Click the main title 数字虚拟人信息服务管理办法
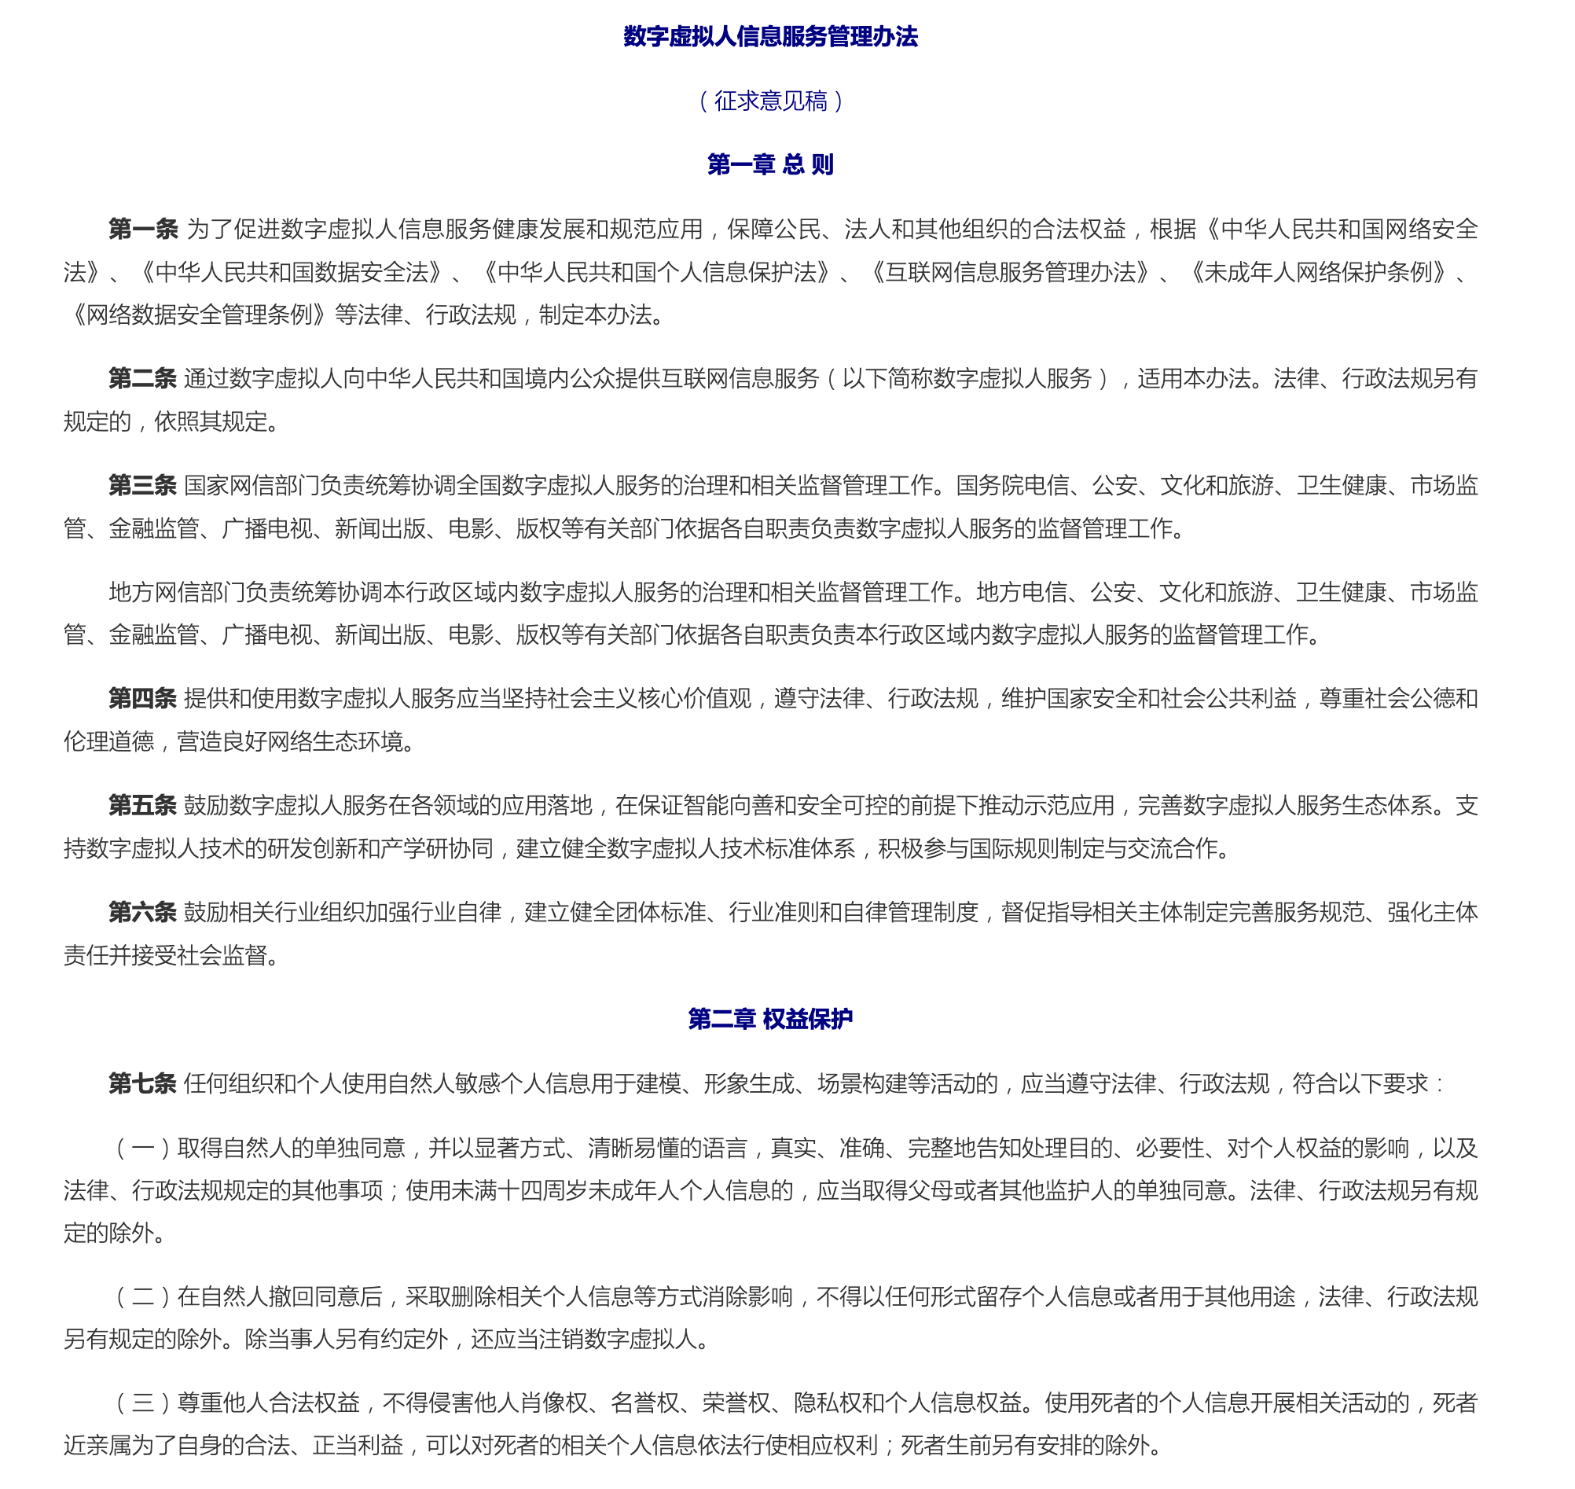tap(770, 36)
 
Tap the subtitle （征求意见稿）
tap(770, 101)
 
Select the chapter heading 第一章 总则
tap(770, 165)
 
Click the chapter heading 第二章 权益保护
tap(770, 1019)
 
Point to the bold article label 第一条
tap(144, 230)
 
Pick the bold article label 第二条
tap(143, 379)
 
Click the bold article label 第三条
tap(143, 485)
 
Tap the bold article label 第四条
tap(143, 698)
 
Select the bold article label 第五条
tap(143, 806)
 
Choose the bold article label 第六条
tap(143, 912)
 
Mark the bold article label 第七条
tap(143, 1083)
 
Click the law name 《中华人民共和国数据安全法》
tap(292, 272)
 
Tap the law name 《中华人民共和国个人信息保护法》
tap(657, 272)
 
